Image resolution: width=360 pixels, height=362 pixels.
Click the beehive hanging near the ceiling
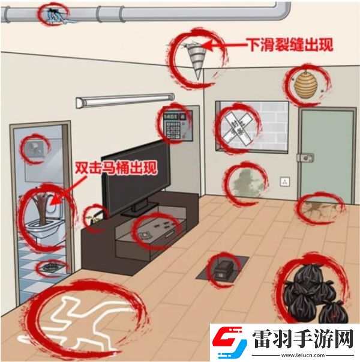304,83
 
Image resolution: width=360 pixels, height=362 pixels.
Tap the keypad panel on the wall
176,124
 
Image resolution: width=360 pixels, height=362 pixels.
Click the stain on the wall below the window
244,180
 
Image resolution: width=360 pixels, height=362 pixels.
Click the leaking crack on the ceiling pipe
55,14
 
